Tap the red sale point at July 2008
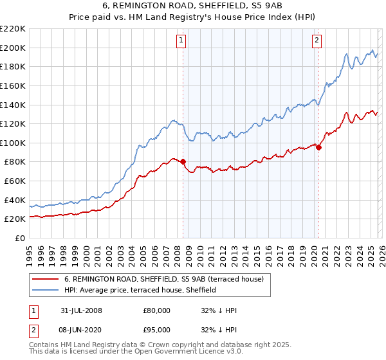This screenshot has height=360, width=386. (x=183, y=161)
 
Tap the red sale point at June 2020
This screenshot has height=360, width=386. (x=318, y=147)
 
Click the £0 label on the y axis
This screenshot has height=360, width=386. (x=19, y=238)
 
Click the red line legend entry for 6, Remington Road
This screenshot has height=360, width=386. (x=168, y=279)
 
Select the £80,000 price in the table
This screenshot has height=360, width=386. (x=156, y=310)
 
